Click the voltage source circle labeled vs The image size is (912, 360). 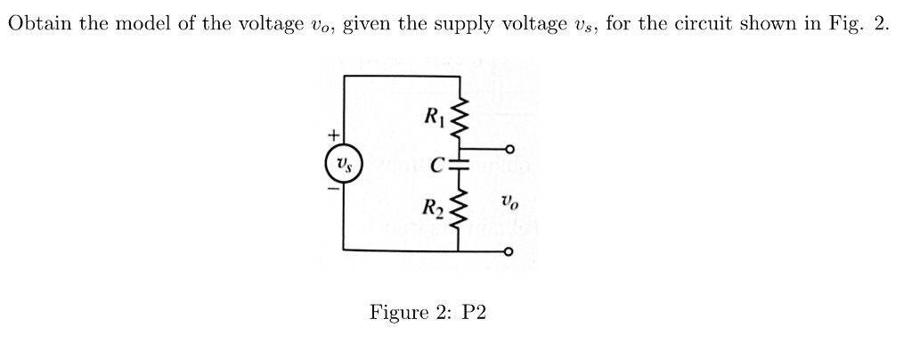[x=343, y=165]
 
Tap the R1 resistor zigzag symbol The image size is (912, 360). [x=460, y=116]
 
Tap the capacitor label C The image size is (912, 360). [x=436, y=165]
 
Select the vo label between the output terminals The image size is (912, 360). [x=509, y=202]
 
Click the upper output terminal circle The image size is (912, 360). [x=509, y=149]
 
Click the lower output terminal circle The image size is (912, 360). [x=509, y=252]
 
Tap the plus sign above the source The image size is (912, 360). [x=333, y=136]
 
